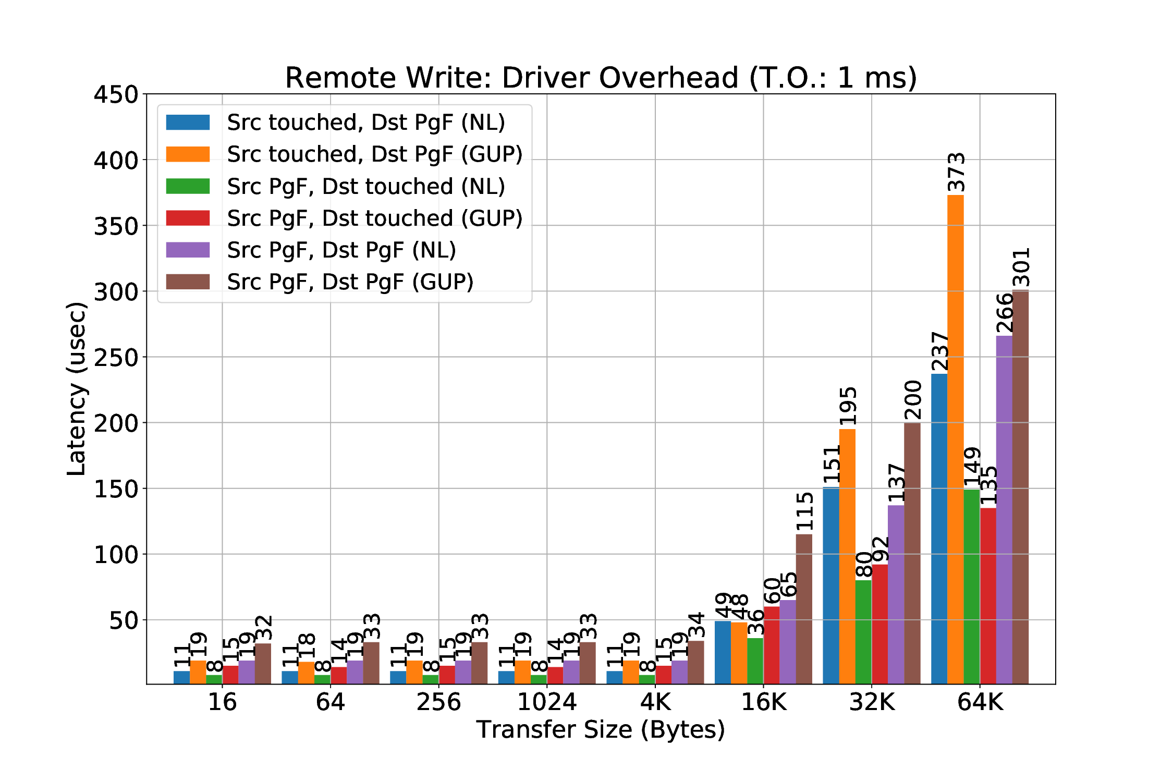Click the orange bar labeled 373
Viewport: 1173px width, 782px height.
955,438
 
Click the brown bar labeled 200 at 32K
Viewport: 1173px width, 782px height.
912,553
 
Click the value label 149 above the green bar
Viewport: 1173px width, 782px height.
973,467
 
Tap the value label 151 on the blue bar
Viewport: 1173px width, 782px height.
832,464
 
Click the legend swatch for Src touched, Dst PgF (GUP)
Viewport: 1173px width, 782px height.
188,154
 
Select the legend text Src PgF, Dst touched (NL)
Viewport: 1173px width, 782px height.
366,187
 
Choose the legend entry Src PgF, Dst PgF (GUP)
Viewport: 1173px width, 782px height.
350,282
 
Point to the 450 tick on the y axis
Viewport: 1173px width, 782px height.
116,95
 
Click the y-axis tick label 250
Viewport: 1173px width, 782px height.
116,358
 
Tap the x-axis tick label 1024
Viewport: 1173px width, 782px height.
546,702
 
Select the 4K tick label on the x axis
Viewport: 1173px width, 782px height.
655,702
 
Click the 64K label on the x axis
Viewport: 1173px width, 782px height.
980,702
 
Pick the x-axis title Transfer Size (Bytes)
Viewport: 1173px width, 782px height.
601,729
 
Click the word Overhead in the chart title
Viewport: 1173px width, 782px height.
672,78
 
